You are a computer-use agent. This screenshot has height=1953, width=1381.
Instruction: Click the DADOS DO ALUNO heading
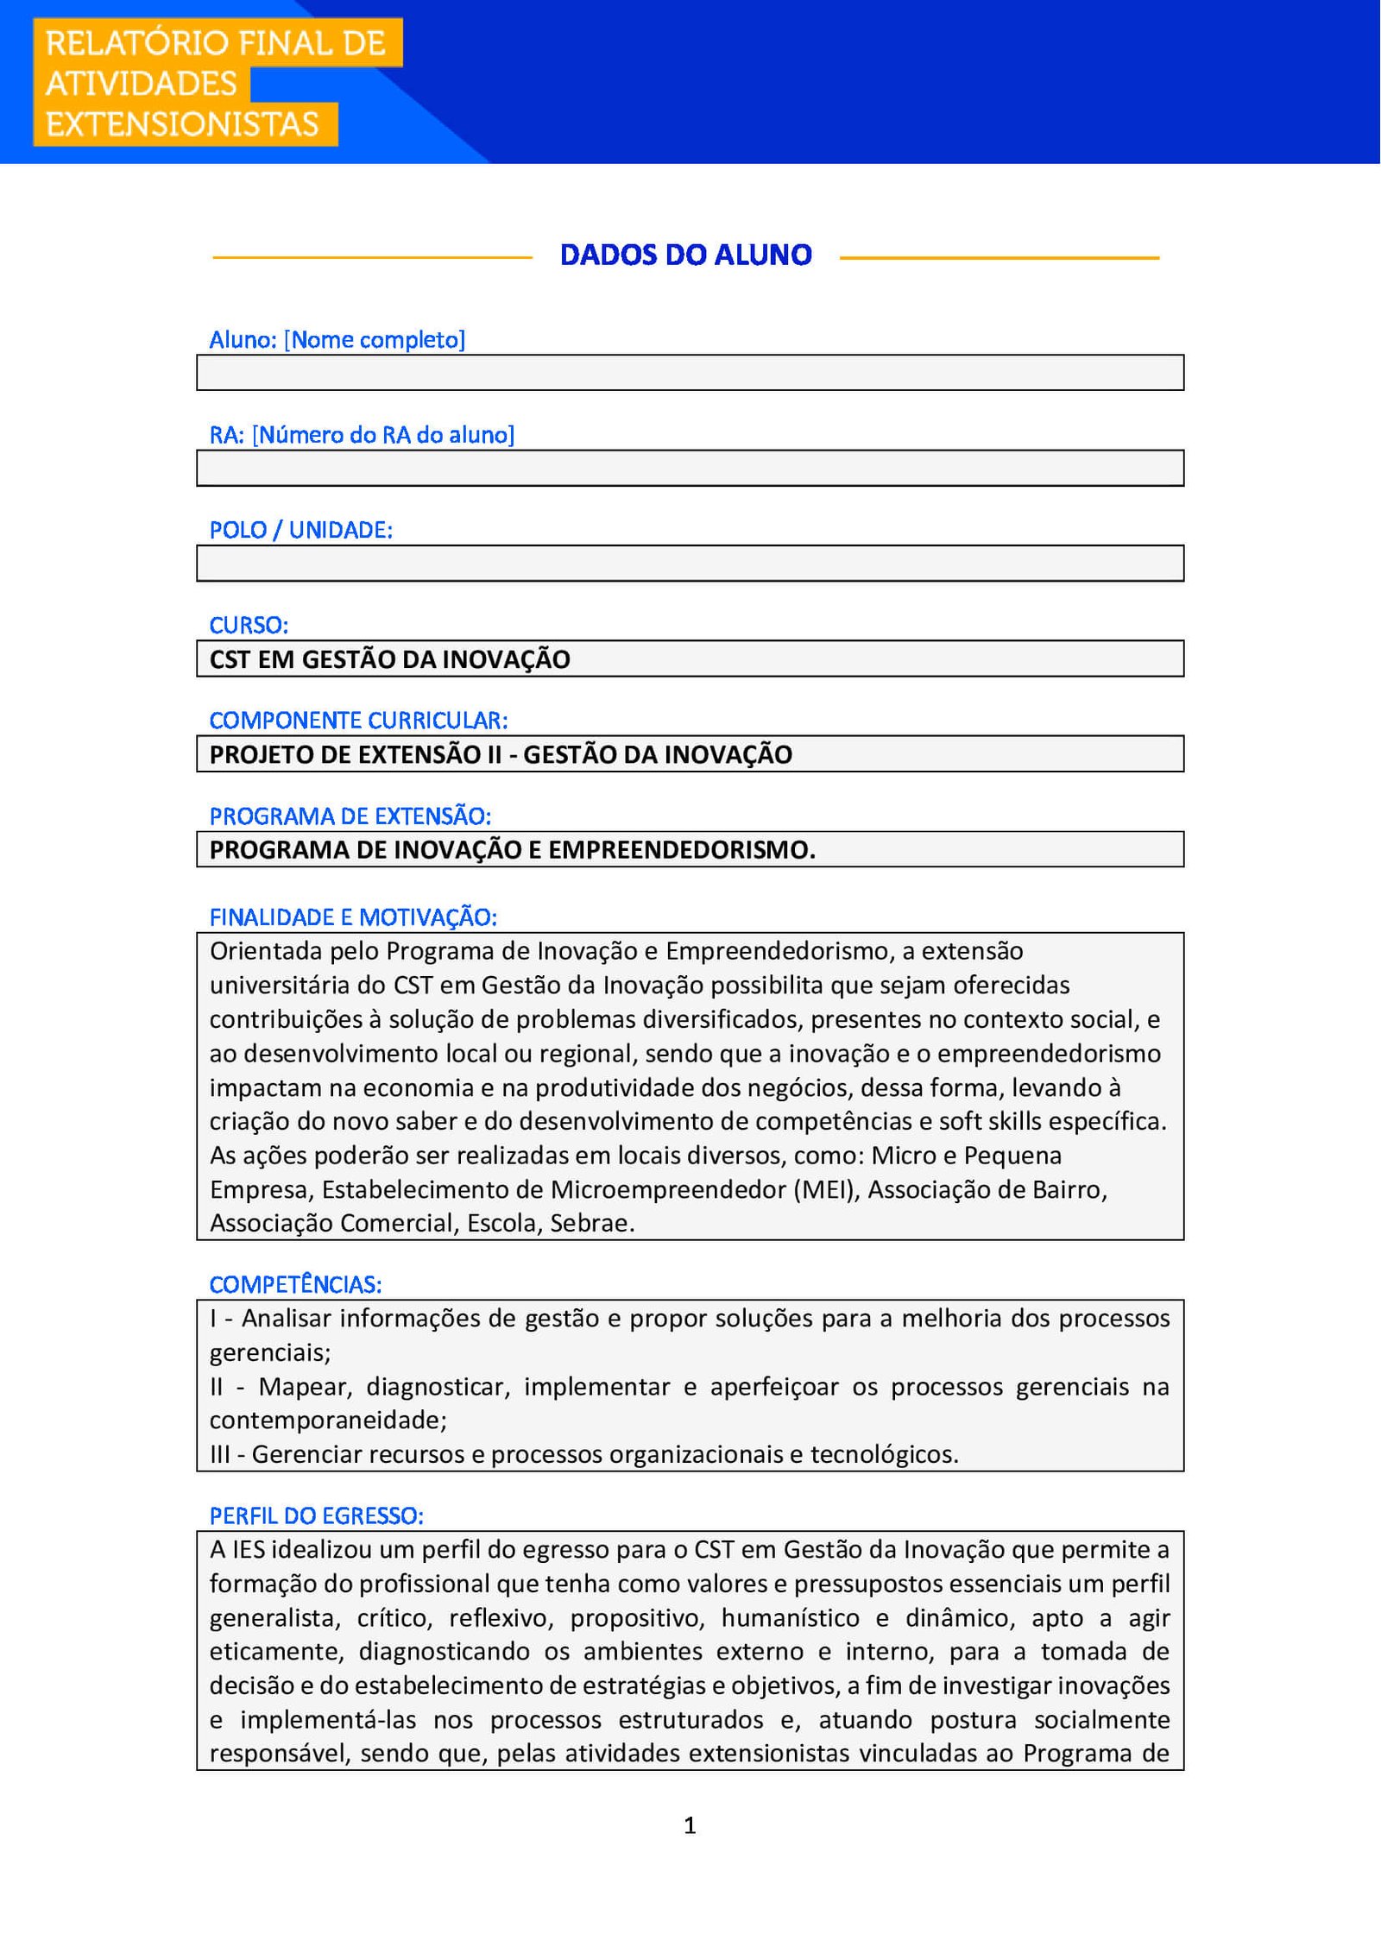click(x=685, y=255)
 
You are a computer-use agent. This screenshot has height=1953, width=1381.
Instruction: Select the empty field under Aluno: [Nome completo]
click(x=690, y=373)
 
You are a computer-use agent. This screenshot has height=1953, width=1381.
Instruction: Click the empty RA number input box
click(x=690, y=468)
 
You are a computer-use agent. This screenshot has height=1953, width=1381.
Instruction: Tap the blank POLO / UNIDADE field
click(x=690, y=563)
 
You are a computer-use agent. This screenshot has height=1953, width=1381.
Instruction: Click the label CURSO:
click(x=249, y=625)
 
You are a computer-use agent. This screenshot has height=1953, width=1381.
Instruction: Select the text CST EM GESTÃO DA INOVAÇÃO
click(x=389, y=659)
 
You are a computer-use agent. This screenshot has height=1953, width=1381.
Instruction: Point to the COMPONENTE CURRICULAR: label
click(x=358, y=720)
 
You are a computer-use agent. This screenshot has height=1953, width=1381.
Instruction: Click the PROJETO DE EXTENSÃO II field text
click(x=501, y=754)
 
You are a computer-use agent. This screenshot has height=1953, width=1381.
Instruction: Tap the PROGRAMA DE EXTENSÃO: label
click(x=350, y=816)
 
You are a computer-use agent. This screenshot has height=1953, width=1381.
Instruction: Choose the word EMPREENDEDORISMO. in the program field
click(x=682, y=850)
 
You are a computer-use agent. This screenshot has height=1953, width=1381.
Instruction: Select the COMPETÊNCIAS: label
click(x=295, y=1284)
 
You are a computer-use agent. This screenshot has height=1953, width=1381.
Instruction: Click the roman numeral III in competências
click(x=220, y=1454)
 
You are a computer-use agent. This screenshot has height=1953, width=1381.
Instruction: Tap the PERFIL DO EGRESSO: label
click(x=316, y=1515)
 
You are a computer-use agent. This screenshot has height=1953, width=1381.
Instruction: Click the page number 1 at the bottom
click(x=690, y=1824)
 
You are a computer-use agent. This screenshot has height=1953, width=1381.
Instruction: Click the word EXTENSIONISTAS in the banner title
click(x=182, y=124)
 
